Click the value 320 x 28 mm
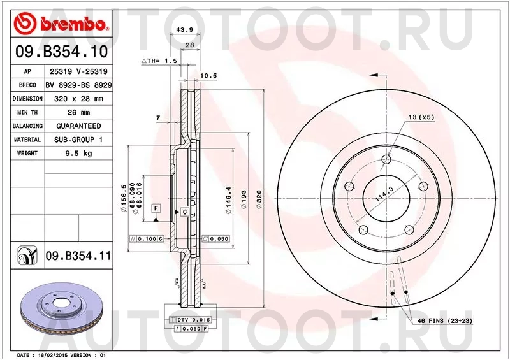pyautogui.click(x=78, y=99)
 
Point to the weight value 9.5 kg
pyautogui.click(x=78, y=154)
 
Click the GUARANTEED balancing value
pyautogui.click(x=78, y=126)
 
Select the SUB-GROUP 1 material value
pyautogui.click(x=78, y=140)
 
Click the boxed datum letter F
pyautogui.click(x=155, y=208)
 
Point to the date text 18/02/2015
pyautogui.click(x=54, y=354)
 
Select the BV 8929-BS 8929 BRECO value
pyautogui.click(x=78, y=85)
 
